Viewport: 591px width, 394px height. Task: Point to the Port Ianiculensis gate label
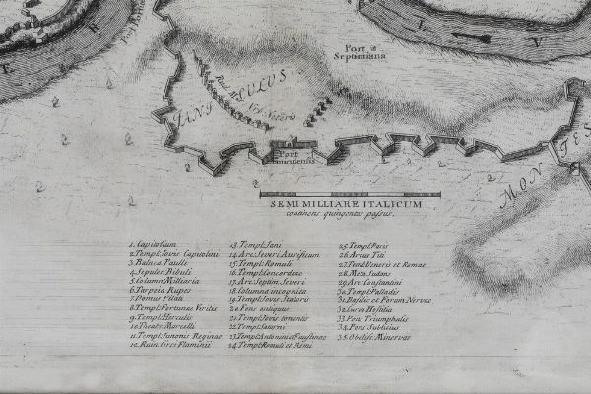click(292, 159)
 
